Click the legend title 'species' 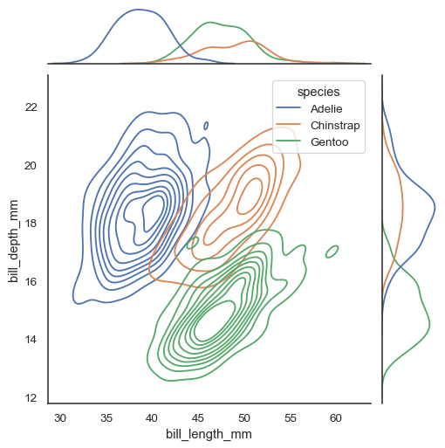click(x=318, y=91)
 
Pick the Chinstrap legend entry click(x=334, y=126)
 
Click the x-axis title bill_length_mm click(x=209, y=433)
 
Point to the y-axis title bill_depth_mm click(x=13, y=240)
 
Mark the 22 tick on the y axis click(x=31, y=107)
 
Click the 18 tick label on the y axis click(x=31, y=224)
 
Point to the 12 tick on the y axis click(x=31, y=398)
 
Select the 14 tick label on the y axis click(x=31, y=340)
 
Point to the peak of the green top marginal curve click(x=209, y=23)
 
